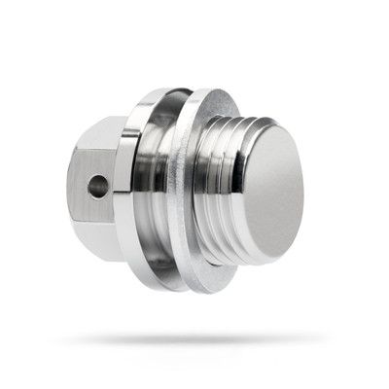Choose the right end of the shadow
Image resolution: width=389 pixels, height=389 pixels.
(316, 339)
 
